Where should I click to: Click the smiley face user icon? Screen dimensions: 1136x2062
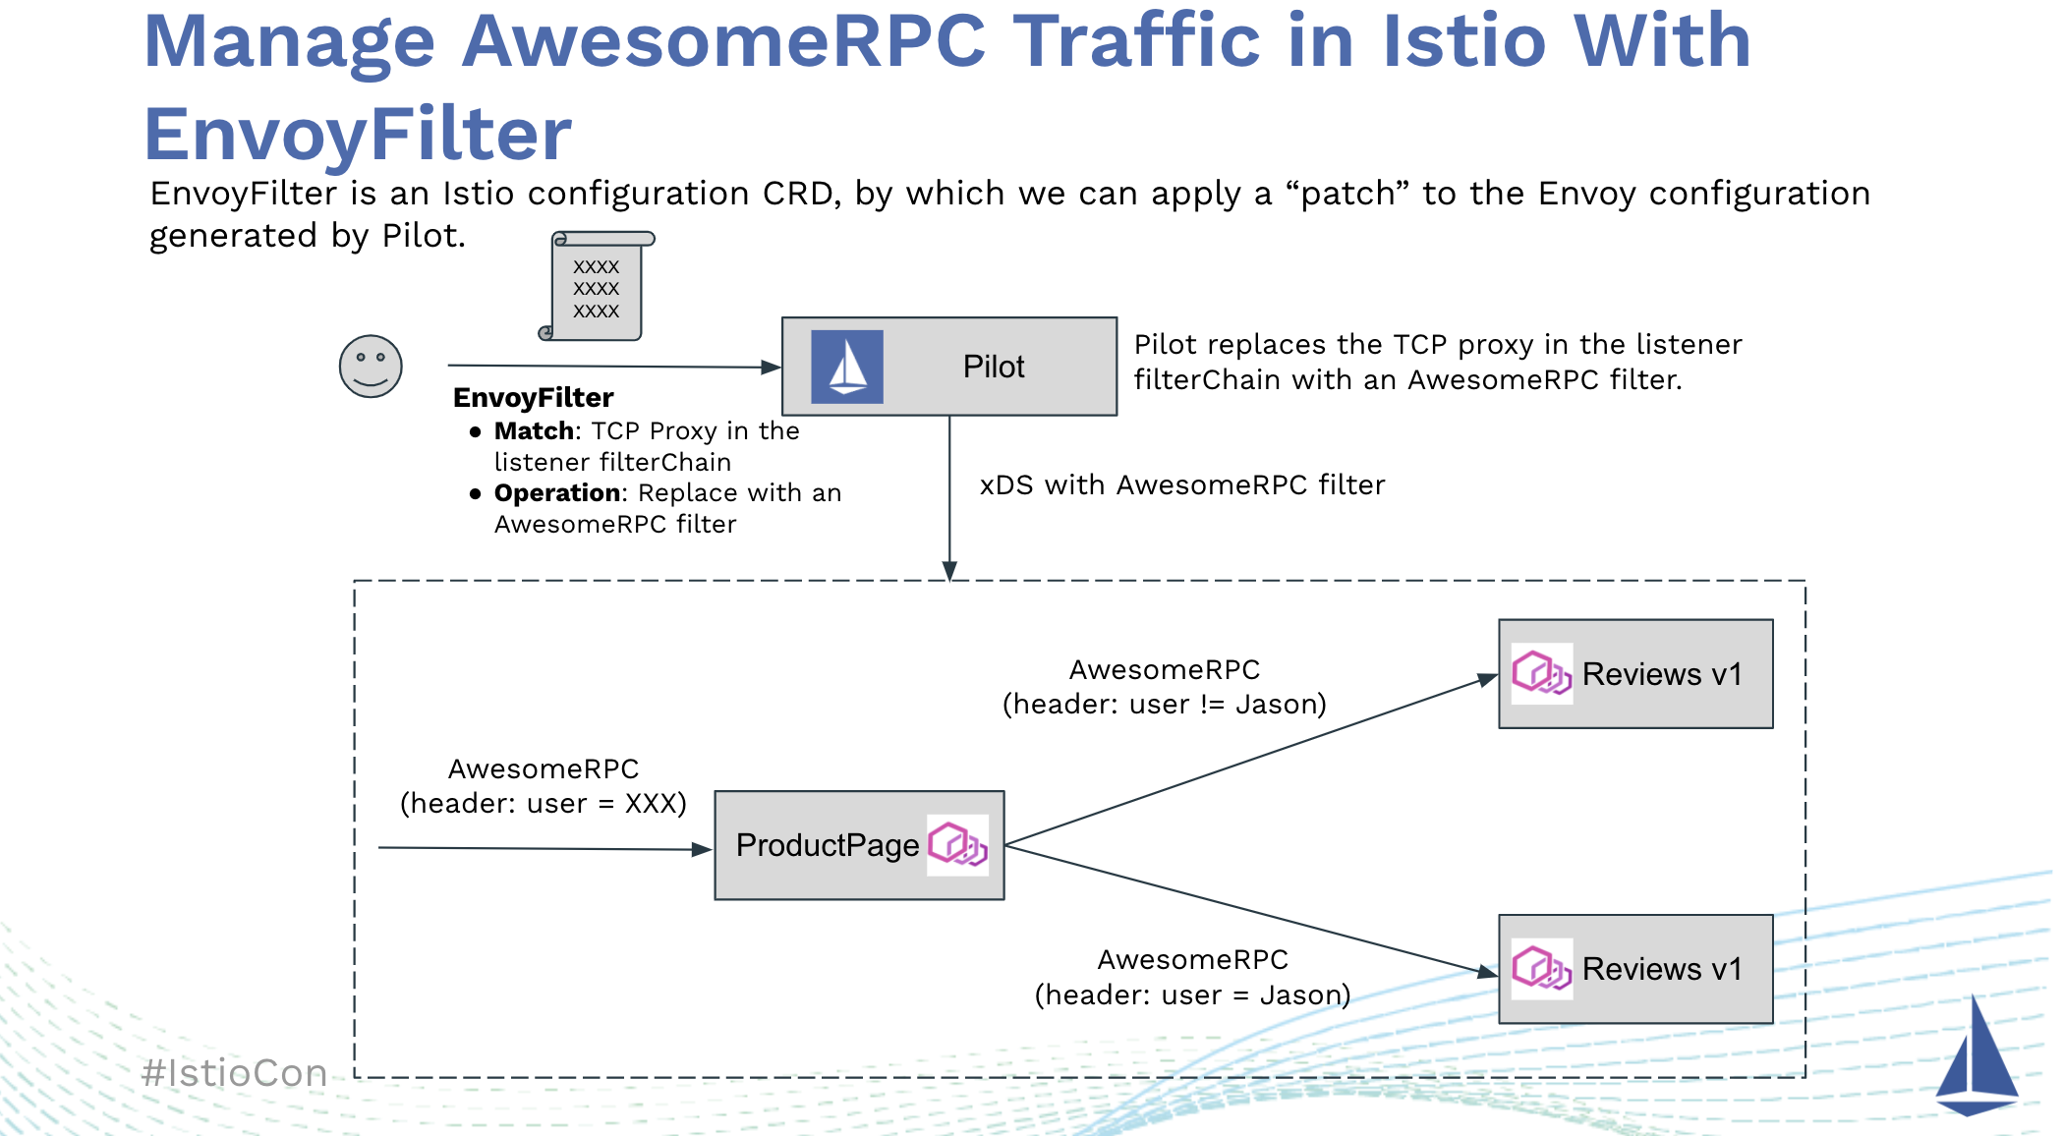371,367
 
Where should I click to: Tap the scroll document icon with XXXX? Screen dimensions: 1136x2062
597,287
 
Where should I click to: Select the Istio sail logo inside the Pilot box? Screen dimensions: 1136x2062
847,368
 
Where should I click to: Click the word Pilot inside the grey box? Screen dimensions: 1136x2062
993,367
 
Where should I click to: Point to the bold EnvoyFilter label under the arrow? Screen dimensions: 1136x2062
533,398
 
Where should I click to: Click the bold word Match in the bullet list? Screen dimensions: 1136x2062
534,431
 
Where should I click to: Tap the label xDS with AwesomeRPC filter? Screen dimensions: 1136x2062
1182,485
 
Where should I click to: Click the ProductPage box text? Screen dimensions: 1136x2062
827,845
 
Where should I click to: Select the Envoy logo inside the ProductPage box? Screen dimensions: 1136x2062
958,844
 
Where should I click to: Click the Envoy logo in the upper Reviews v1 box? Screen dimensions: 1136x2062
1541,674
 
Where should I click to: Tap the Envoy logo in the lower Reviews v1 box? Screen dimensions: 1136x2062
1541,969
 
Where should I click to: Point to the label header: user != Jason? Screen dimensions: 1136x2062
1165,705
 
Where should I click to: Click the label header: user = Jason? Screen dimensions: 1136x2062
1192,995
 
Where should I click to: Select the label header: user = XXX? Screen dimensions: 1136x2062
543,804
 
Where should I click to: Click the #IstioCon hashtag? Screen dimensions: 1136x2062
234,1073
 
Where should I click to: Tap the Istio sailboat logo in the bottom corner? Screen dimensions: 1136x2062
1976,1059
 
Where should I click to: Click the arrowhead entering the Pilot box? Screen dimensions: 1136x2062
772,368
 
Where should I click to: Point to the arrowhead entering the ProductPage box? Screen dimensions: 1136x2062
702,849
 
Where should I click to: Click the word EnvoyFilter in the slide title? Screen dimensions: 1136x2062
358,135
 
